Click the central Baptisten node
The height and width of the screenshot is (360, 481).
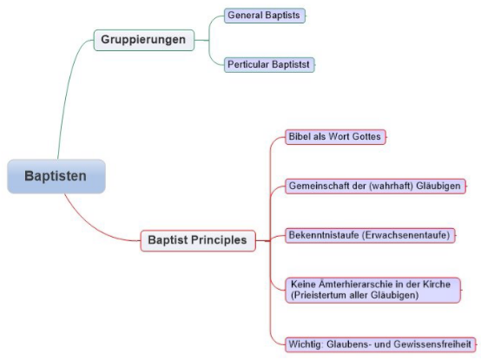pos(56,175)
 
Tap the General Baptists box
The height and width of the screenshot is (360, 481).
pos(264,15)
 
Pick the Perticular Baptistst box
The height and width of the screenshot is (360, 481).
pos(269,64)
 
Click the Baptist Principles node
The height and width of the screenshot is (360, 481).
pos(198,240)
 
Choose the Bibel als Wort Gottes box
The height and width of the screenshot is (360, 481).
pos(334,137)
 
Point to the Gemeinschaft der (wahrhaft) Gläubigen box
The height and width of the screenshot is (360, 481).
pos(373,187)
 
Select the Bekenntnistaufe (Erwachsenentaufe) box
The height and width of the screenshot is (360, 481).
pos(370,235)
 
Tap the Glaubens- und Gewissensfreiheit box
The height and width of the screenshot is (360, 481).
pos(381,344)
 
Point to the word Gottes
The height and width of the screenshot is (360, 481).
pos(366,137)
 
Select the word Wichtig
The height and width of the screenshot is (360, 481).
pos(306,344)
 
